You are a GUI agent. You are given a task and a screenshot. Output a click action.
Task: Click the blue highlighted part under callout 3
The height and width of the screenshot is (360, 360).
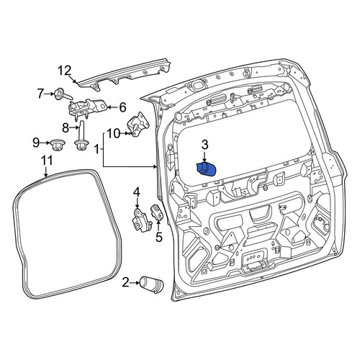206,169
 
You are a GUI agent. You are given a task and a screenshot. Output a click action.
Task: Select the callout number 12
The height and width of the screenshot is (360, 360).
65,71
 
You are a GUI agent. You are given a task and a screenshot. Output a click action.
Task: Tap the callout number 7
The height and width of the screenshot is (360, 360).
41,94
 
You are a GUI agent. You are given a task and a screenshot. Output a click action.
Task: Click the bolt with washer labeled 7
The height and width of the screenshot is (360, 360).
63,94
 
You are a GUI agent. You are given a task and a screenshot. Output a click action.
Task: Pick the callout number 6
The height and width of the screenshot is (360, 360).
122,107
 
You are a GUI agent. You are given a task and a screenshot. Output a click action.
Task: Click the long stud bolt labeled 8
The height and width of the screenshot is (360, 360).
81,136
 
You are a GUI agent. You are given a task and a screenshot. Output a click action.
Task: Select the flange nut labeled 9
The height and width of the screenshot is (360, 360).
57,145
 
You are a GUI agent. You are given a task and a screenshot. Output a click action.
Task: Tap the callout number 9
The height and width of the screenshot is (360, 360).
36,143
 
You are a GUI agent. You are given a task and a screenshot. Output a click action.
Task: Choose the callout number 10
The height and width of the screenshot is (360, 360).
113,133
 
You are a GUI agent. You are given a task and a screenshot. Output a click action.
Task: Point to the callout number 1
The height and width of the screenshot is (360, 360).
96,149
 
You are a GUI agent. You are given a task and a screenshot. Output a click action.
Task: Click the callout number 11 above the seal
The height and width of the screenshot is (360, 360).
47,161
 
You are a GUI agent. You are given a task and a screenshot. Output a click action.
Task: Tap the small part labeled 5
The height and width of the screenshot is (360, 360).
157,212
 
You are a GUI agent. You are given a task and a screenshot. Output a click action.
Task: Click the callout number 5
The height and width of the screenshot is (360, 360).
159,237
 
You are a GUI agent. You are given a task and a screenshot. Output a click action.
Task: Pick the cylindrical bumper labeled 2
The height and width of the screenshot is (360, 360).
152,284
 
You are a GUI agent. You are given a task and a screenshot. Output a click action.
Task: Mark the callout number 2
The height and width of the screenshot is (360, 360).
125,282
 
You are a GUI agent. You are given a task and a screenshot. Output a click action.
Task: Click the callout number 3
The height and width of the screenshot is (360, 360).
204,145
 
